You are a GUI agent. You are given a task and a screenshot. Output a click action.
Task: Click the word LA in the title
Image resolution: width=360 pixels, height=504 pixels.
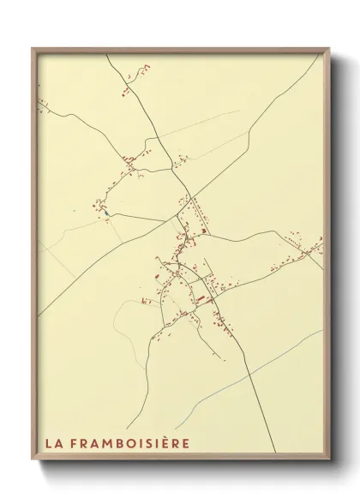click(x=53, y=443)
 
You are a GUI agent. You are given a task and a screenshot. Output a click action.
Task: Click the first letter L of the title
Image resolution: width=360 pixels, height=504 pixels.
click(x=49, y=443)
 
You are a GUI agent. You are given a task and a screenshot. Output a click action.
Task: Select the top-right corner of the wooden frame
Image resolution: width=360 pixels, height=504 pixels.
click(x=328, y=48)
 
